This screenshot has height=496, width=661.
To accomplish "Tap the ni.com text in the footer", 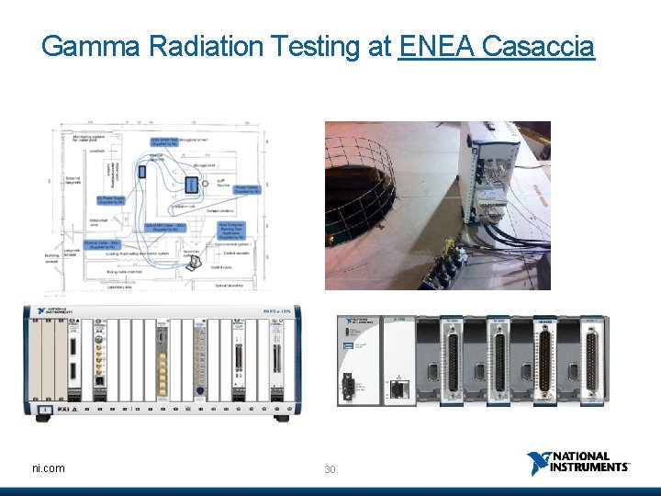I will point(49,468).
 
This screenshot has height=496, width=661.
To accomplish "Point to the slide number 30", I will point(330,469).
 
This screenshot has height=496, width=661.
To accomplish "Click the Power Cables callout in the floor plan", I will point(246,190).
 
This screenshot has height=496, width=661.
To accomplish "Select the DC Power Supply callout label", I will point(111,199).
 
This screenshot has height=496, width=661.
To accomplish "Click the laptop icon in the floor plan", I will point(195,263).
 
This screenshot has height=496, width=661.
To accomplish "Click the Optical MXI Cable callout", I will point(165,227).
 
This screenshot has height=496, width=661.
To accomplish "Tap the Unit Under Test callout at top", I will point(167,142).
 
